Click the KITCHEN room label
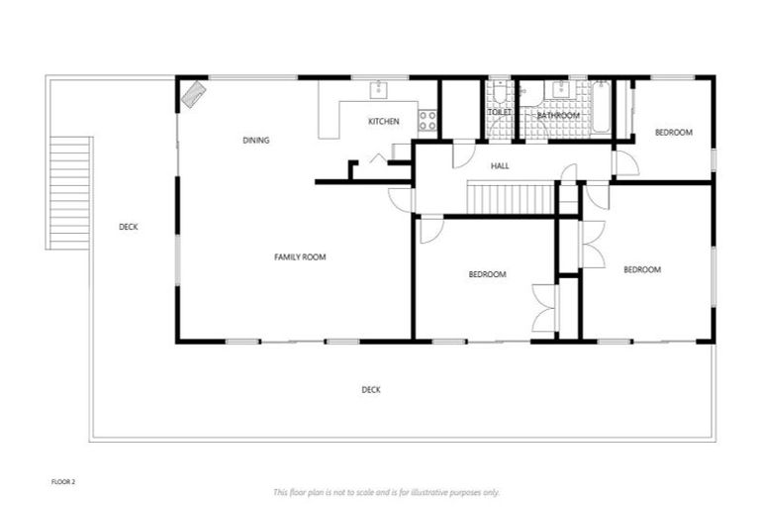[x=384, y=122]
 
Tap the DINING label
[x=256, y=141]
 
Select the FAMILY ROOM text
[x=300, y=257]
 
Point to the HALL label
[x=501, y=166]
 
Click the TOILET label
[x=499, y=113]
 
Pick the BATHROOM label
[x=557, y=116]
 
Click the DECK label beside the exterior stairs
[x=129, y=227]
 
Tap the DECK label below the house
[x=371, y=390]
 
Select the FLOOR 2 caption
[x=63, y=481]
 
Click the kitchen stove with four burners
[x=427, y=121]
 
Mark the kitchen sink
[x=379, y=91]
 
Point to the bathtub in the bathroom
[x=600, y=109]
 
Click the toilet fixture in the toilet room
[x=498, y=95]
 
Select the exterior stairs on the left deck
[x=69, y=193]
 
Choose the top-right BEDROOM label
[x=673, y=133]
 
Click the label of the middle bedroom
[x=487, y=274]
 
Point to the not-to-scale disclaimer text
[x=386, y=492]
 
